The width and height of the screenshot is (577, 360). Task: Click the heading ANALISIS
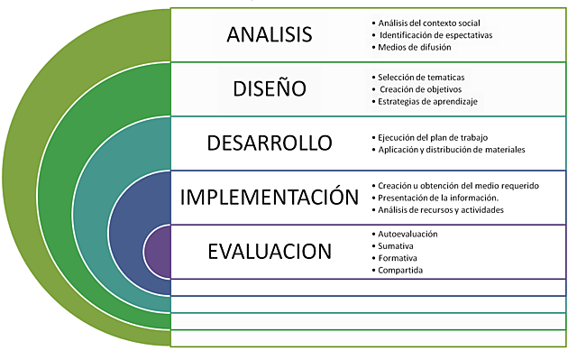coord(270,34)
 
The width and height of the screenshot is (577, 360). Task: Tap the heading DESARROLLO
coord(269,143)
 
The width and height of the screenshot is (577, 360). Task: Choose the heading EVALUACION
coord(269,250)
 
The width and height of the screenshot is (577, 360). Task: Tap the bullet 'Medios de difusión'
coord(413,47)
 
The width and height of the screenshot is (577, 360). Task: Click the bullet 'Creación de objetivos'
coord(420,88)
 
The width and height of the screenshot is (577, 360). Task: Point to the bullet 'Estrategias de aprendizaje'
coord(427,101)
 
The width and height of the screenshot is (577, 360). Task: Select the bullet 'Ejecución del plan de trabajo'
coord(434,136)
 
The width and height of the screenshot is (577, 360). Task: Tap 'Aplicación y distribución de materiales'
coord(452,149)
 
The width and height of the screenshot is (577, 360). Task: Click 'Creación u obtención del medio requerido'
coord(459,185)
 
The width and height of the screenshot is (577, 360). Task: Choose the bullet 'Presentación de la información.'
coord(436,197)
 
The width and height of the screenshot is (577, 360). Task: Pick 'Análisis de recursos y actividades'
coord(441,209)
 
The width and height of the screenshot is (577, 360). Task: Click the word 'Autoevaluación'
coord(408,234)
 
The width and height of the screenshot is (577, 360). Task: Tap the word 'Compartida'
coord(401,270)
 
